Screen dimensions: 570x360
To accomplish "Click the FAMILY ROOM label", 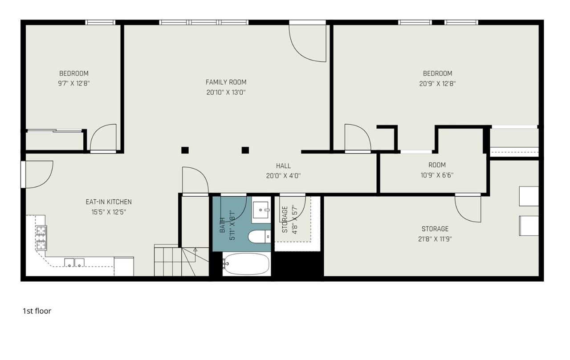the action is click(226, 82).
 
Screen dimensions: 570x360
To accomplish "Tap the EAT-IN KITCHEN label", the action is click(109, 202).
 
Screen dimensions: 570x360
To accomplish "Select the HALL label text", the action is click(284, 166).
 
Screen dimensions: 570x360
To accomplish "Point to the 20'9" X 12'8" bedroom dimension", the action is click(437, 84).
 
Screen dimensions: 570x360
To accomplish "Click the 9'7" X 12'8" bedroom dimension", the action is click(74, 83).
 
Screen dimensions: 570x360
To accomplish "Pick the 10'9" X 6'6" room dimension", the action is click(437, 175).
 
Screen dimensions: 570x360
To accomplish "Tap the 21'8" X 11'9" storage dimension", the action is click(435, 239).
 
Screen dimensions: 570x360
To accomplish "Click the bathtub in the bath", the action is click(246, 263).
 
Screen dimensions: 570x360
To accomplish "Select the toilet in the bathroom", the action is click(260, 236).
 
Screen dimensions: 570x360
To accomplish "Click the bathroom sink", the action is click(261, 210).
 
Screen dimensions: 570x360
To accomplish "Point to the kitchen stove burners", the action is click(41, 238).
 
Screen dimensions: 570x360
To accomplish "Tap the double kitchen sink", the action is click(74, 263).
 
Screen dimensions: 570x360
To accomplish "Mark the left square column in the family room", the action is click(185, 150).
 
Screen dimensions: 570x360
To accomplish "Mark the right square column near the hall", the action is click(245, 150).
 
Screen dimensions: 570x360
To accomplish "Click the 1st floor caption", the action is click(37, 311).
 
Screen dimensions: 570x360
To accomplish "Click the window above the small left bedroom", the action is click(100, 22).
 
